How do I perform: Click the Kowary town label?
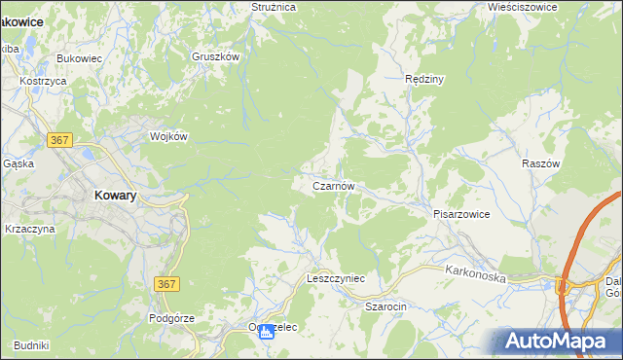[115, 195]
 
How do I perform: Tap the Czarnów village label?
[339, 186]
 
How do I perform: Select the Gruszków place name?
[215, 56]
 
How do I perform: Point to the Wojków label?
[167, 137]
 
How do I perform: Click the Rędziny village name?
[424, 79]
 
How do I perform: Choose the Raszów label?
[542, 164]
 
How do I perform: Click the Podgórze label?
[172, 318]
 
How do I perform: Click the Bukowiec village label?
[80, 58]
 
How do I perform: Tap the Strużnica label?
[273, 7]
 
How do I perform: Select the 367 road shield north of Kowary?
[59, 140]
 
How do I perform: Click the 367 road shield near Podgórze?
[166, 282]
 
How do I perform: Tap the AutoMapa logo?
[558, 341]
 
